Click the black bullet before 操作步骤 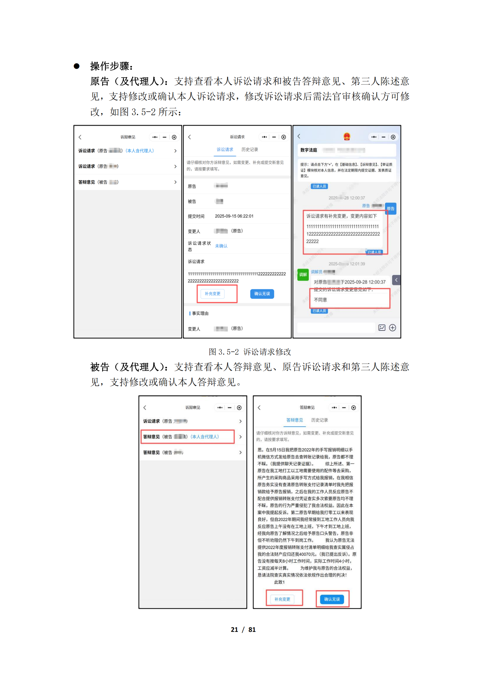[x=77, y=66]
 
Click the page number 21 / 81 [x=243, y=629]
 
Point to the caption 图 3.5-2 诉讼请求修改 [x=250, y=352]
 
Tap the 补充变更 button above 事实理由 [x=212, y=294]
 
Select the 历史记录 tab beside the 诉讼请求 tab [x=249, y=149]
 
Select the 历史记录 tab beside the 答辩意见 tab [x=319, y=420]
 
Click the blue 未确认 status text [x=221, y=246]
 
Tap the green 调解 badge [x=303, y=274]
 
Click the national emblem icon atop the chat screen [x=347, y=137]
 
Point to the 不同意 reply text [x=321, y=300]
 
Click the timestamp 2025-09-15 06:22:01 [x=234, y=216]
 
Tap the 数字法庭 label [x=308, y=150]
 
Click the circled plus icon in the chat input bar [x=392, y=327]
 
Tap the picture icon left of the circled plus [x=382, y=327]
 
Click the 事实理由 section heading [x=200, y=313]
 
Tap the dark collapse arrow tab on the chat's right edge [x=396, y=280]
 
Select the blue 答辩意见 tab [x=294, y=420]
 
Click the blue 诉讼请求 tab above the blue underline [x=225, y=149]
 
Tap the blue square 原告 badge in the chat [x=391, y=208]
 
